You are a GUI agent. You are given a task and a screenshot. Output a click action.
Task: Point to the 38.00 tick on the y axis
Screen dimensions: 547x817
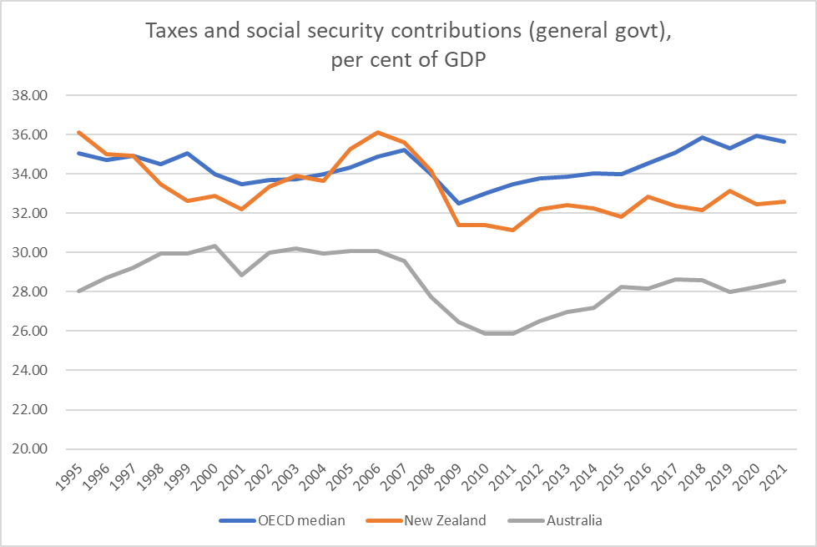coord(30,95)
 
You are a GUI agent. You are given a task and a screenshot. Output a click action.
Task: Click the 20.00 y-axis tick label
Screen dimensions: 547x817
coord(30,449)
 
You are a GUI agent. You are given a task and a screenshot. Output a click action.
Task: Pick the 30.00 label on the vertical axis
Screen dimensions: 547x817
coord(30,252)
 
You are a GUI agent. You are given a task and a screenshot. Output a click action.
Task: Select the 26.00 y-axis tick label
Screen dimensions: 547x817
coord(30,332)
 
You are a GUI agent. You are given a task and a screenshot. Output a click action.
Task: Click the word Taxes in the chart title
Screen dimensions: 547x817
coord(171,32)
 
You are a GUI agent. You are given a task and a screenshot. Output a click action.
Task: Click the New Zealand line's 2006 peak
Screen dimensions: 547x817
coord(378,132)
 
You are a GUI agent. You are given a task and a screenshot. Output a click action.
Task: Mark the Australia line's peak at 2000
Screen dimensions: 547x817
coord(215,246)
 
